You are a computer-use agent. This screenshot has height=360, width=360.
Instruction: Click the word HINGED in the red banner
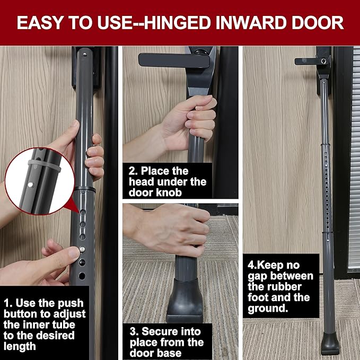[177, 23]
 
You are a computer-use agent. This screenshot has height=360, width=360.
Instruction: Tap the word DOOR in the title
[318, 23]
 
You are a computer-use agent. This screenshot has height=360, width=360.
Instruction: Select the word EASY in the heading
[40, 23]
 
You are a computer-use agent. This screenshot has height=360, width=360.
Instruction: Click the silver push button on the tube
[82, 249]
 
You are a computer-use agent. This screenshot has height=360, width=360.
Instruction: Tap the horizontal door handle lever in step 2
[174, 60]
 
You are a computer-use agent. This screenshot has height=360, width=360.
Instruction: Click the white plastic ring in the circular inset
[45, 165]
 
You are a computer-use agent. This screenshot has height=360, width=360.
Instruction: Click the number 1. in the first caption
[8, 303]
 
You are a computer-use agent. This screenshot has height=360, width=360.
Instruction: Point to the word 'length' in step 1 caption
[20, 346]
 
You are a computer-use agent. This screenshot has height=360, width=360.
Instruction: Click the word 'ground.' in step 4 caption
[268, 309]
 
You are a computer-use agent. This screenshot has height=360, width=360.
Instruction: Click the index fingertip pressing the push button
[74, 252]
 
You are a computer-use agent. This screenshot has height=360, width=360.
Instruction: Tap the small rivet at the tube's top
[85, 55]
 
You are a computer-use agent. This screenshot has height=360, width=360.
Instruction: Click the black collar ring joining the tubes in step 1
[85, 190]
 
